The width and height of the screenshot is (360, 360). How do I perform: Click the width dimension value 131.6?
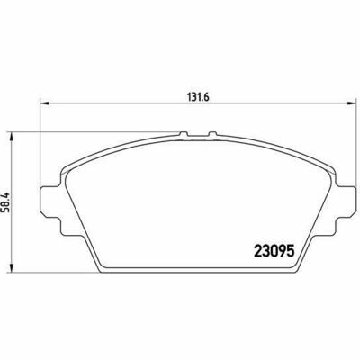click(198, 97)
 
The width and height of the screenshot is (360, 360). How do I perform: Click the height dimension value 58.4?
click(6, 202)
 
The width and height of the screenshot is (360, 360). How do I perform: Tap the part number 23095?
click(274, 251)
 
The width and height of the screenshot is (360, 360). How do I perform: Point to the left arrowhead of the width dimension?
click(44, 103)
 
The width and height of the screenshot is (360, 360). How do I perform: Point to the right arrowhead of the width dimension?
click(351, 103)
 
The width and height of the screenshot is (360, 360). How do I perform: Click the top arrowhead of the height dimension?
click(12, 136)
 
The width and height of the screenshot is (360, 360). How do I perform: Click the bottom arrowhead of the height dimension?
click(12, 268)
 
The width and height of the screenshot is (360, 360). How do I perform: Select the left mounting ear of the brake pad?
click(50, 200)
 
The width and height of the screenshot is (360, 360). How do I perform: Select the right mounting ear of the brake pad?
click(346, 200)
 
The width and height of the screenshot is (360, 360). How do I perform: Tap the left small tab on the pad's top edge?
click(184, 135)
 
